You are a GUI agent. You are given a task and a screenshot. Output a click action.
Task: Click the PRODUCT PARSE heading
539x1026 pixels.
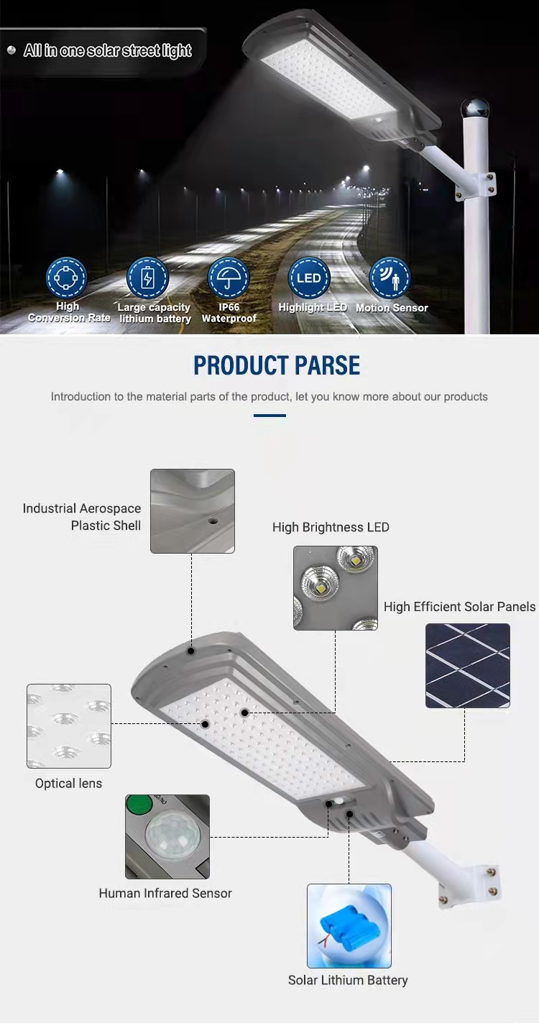pyautogui.click(x=277, y=365)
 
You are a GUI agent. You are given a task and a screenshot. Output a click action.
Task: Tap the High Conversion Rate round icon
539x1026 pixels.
pyautogui.click(x=66, y=278)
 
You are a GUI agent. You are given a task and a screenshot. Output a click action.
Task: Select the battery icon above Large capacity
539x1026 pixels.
pyautogui.click(x=147, y=278)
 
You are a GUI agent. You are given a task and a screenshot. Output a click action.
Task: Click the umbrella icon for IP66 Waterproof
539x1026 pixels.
pyautogui.click(x=229, y=278)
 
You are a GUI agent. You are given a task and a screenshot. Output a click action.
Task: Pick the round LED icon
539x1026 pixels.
pyautogui.click(x=309, y=278)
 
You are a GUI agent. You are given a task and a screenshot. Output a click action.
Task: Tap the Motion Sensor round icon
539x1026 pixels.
pyautogui.click(x=390, y=278)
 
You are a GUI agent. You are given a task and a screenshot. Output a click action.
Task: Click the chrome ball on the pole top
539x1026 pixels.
pyautogui.click(x=475, y=109)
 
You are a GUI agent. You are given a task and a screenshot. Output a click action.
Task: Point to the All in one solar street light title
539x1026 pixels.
pyautogui.click(x=108, y=50)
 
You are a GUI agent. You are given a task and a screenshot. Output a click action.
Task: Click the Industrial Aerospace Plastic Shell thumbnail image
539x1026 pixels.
pyautogui.click(x=193, y=510)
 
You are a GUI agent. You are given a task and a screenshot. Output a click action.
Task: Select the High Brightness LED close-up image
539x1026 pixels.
pyautogui.click(x=336, y=587)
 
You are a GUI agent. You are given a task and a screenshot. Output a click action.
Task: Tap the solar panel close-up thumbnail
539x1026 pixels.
pyautogui.click(x=468, y=666)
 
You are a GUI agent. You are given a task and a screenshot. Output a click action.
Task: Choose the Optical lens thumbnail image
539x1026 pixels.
pyautogui.click(x=69, y=726)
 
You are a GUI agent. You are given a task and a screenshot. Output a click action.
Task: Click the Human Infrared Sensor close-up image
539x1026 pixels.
pyautogui.click(x=167, y=837)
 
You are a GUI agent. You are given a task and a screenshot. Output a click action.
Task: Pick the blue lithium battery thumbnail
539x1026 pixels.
pyautogui.click(x=349, y=926)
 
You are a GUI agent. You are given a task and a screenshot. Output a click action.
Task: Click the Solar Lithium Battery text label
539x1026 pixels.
pyautogui.click(x=348, y=980)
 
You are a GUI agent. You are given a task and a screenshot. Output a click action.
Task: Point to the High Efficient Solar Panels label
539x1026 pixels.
pyautogui.click(x=459, y=607)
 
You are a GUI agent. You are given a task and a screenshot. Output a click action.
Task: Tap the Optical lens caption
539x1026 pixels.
pyautogui.click(x=69, y=784)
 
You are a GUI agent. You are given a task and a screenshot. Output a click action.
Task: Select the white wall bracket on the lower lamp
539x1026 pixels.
pyautogui.click(x=469, y=886)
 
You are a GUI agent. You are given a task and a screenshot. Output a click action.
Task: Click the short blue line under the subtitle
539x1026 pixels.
pyautogui.click(x=269, y=416)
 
